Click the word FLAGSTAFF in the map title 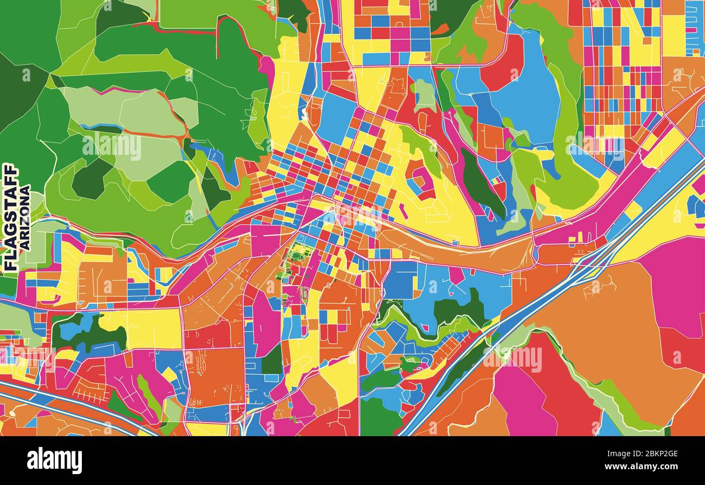[10, 217]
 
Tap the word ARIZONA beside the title [25, 217]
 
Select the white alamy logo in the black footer [54, 461]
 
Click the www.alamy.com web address [648, 467]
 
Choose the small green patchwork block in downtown [297, 255]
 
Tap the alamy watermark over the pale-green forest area [112, 147]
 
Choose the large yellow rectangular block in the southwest [146, 329]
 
